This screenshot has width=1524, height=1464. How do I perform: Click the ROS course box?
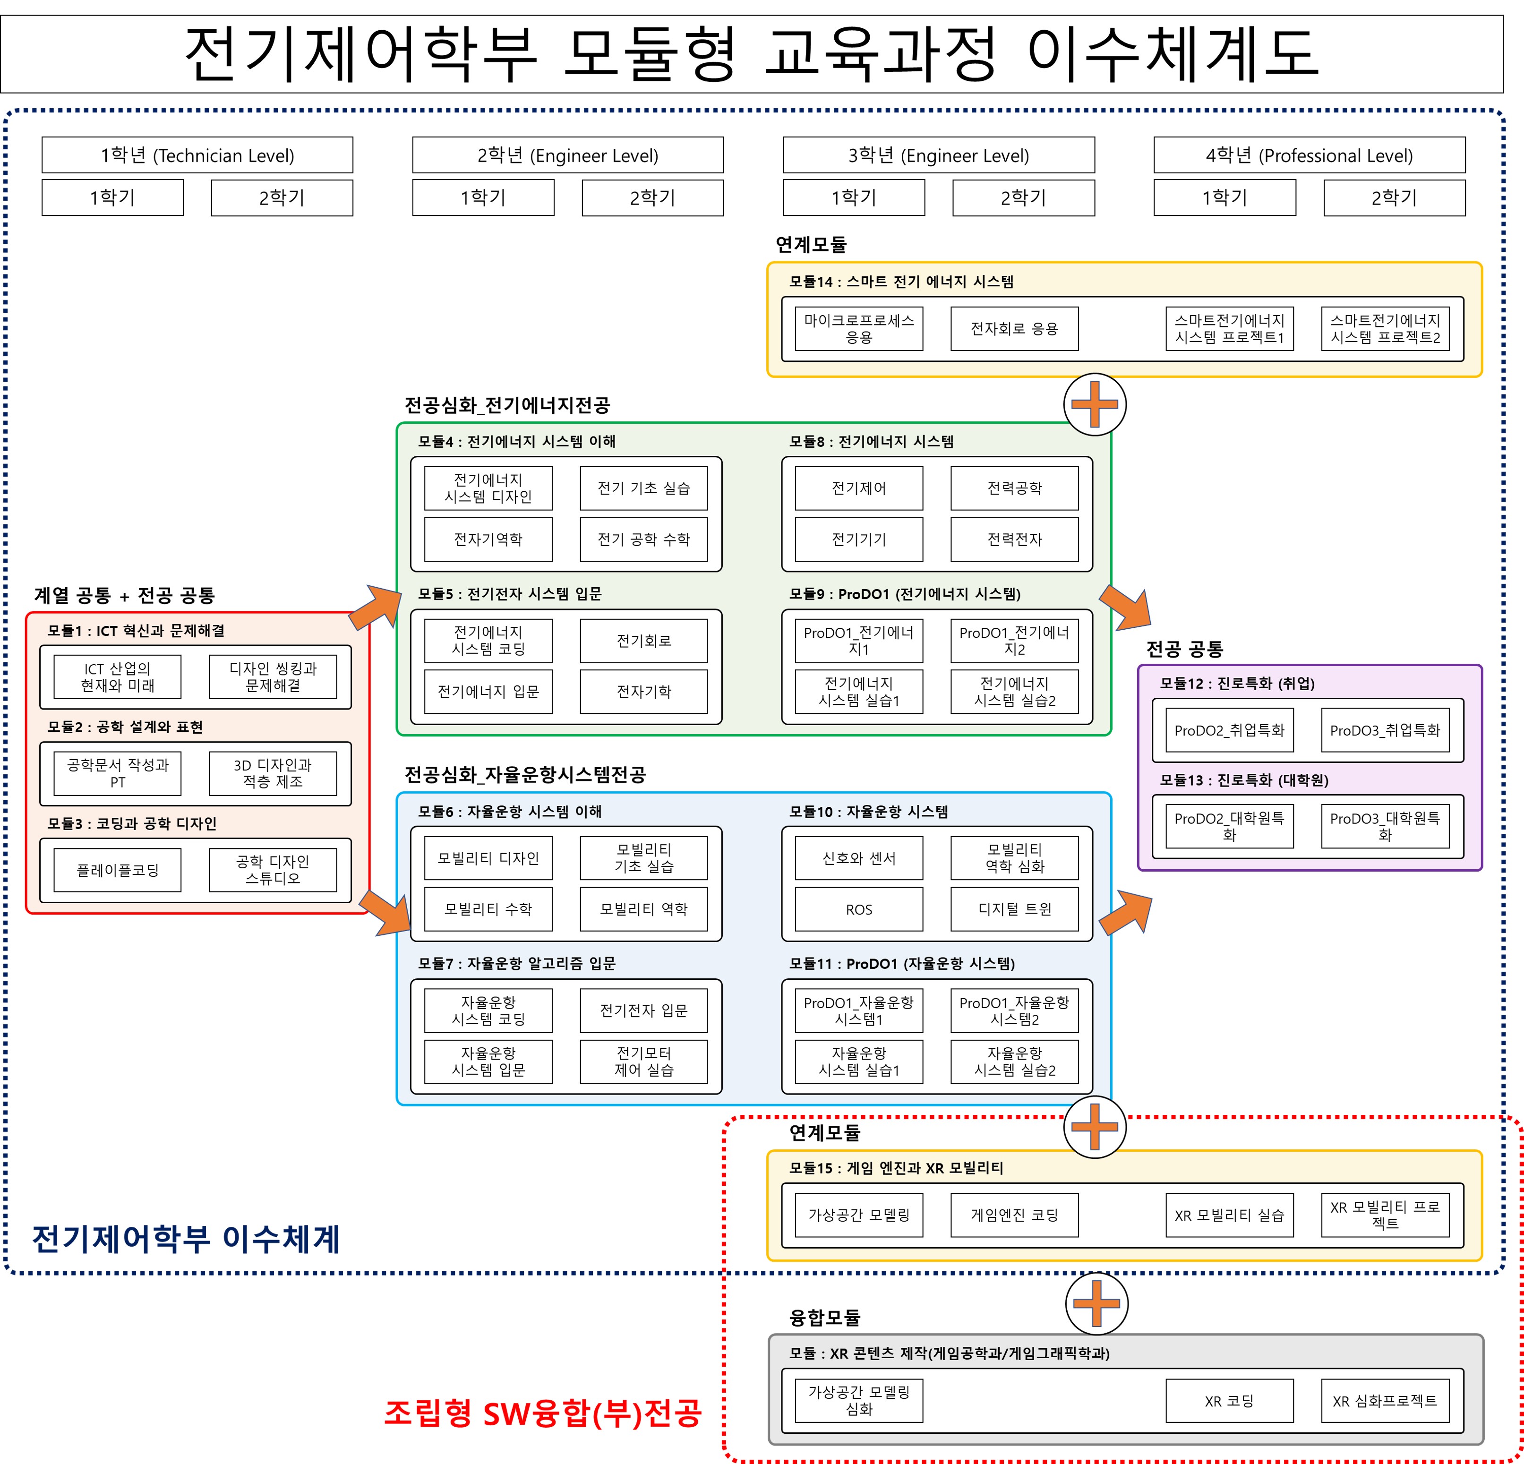(858, 909)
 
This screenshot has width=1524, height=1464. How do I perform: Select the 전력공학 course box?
(1014, 488)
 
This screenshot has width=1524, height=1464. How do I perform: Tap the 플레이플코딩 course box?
(118, 870)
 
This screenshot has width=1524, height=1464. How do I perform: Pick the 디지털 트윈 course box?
(1014, 909)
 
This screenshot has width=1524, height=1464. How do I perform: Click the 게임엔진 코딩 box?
(1014, 1215)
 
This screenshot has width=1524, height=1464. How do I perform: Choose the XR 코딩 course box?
(1229, 1400)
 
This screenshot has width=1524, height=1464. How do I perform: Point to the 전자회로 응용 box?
(1014, 328)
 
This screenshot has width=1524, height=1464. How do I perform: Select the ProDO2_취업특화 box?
(1229, 730)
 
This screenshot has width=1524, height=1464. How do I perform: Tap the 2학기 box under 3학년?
(1023, 197)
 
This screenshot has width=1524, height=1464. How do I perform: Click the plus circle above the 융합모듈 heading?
(1096, 1303)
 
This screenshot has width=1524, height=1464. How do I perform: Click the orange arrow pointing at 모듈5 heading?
(376, 607)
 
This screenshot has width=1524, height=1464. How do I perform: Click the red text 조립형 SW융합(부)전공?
(543, 1413)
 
